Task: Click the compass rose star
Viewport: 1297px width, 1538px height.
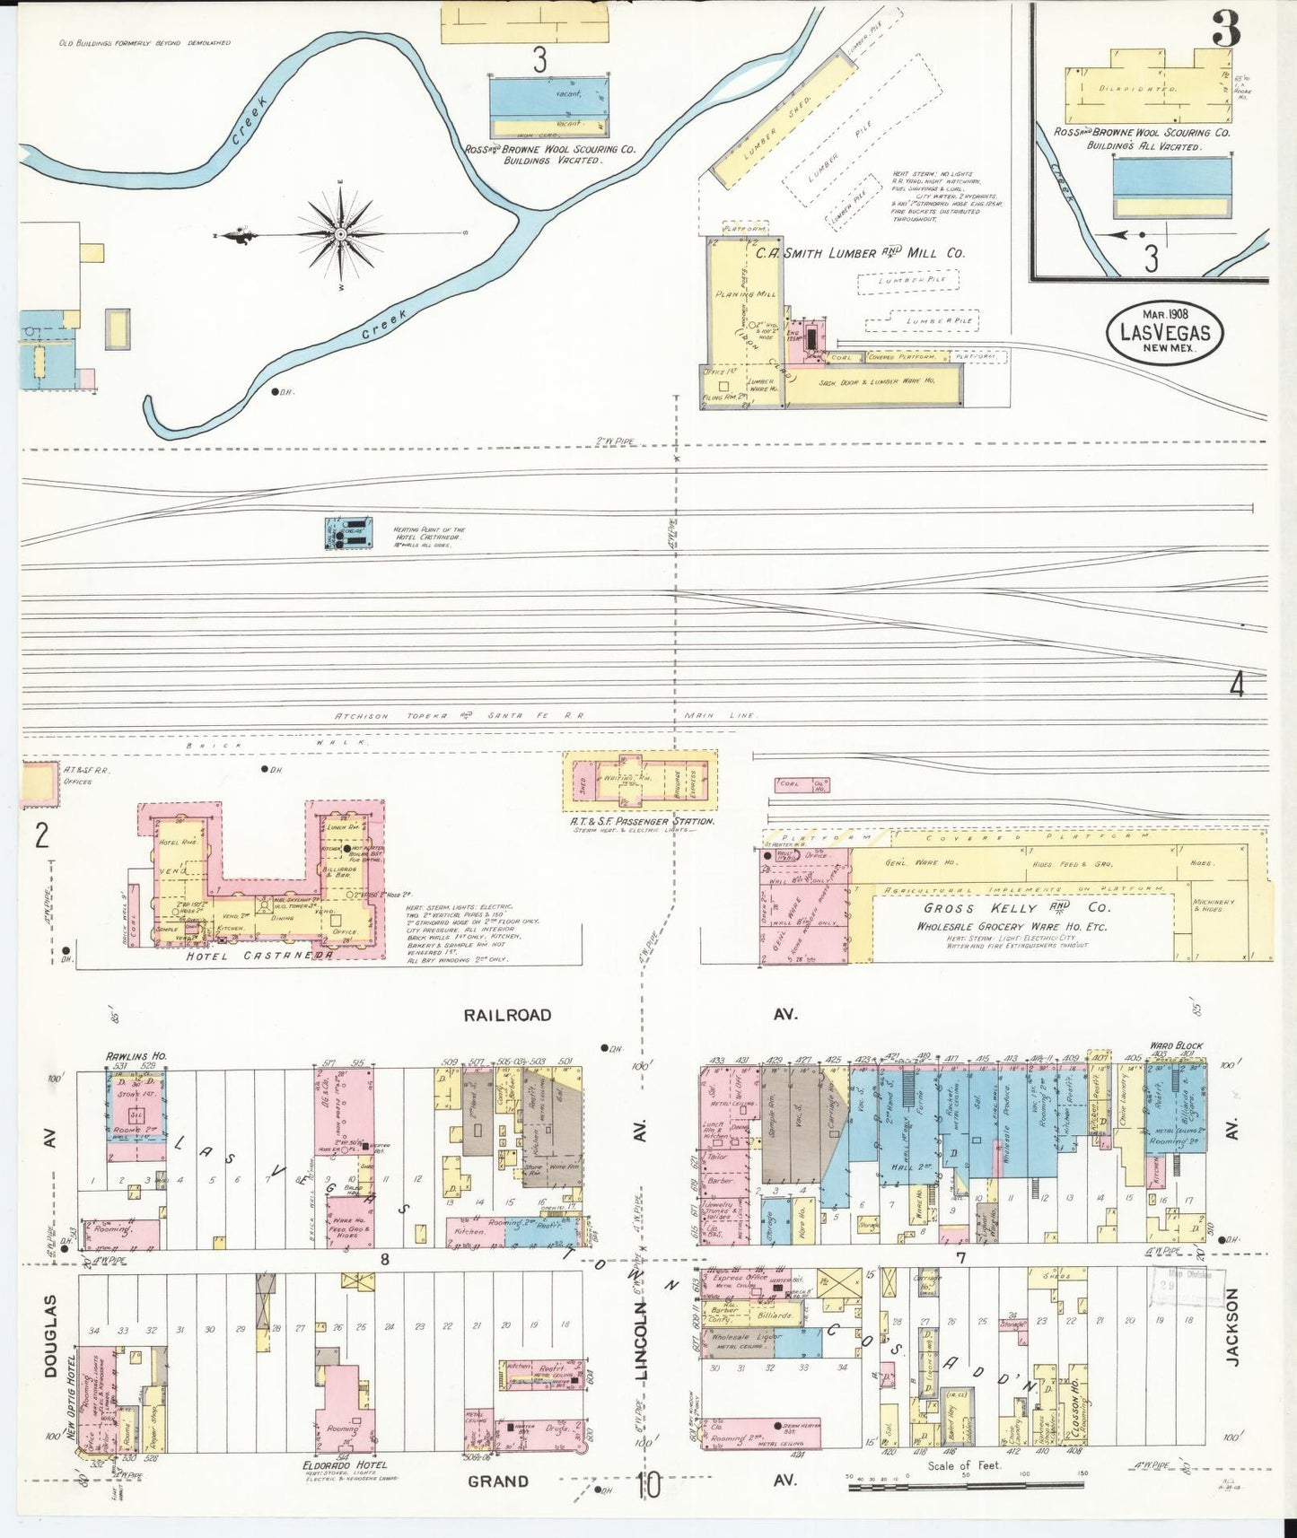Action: click(x=341, y=235)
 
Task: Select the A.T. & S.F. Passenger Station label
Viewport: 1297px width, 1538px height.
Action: click(x=642, y=821)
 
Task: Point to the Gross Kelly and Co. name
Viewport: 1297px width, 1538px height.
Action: click(x=1015, y=908)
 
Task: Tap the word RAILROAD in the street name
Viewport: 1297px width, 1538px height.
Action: click(x=507, y=1015)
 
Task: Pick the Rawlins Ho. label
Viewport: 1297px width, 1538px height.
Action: click(x=136, y=1056)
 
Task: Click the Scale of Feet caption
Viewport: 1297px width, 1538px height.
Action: click(x=964, y=1465)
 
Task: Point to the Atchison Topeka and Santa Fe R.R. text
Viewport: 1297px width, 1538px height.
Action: click(x=459, y=715)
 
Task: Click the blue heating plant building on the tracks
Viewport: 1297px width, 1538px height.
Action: click(x=347, y=532)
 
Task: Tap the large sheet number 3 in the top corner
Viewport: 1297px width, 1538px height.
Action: click(x=1226, y=30)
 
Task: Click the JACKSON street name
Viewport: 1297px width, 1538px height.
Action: click(x=1231, y=1327)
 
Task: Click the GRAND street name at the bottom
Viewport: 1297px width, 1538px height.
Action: click(x=497, y=1481)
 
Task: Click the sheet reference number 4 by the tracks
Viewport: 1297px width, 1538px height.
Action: click(x=1237, y=686)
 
